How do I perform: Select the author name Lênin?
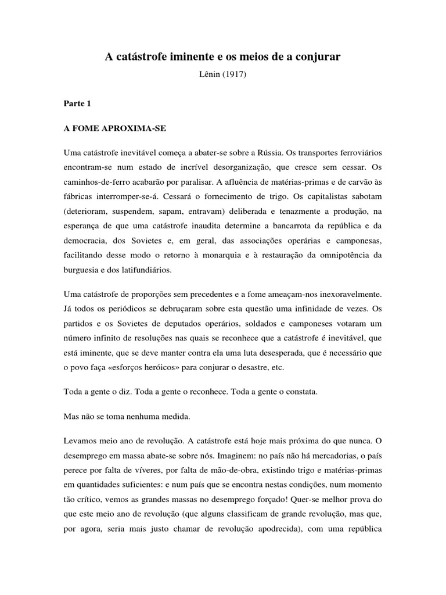(210, 74)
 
